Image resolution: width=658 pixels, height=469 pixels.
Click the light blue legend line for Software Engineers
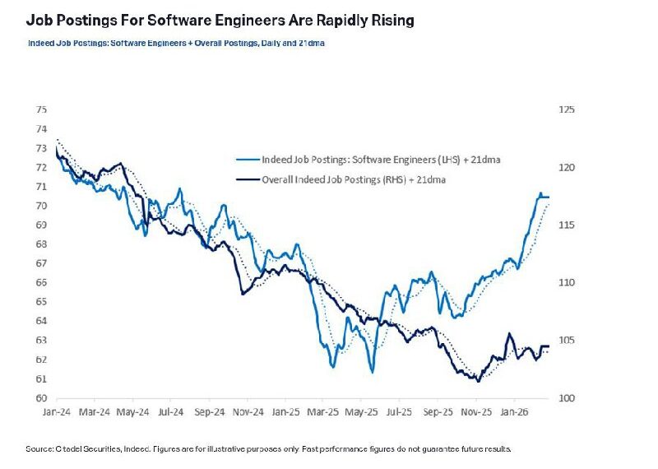(245, 160)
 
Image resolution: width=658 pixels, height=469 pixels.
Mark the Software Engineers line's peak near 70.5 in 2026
(541, 194)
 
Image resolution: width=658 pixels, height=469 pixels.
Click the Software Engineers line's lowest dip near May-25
(373, 372)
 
